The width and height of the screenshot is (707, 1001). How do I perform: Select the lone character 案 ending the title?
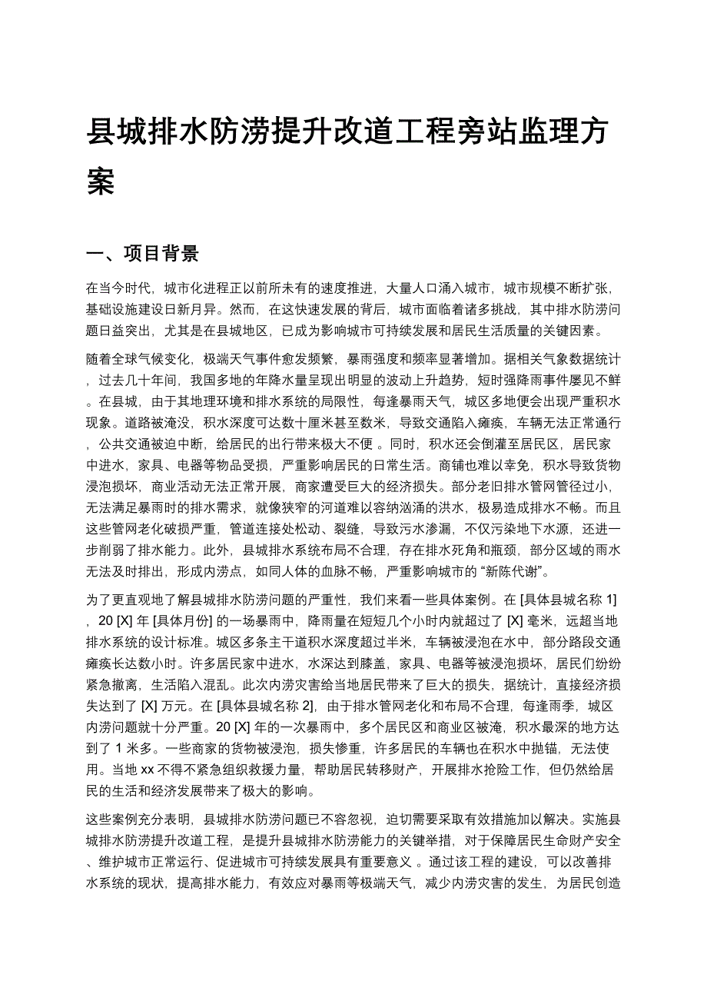[x=101, y=182]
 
